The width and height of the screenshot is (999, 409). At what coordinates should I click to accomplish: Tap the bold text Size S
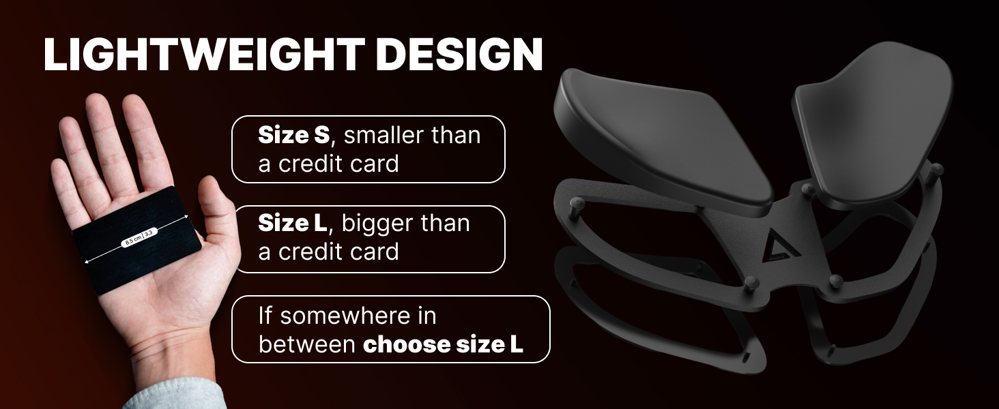[x=293, y=136]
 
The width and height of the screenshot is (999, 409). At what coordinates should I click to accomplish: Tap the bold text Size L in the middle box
[x=293, y=224]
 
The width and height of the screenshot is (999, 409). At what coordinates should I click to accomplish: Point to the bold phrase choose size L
[x=443, y=344]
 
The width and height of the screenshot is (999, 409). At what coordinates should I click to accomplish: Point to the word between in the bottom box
[x=306, y=344]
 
